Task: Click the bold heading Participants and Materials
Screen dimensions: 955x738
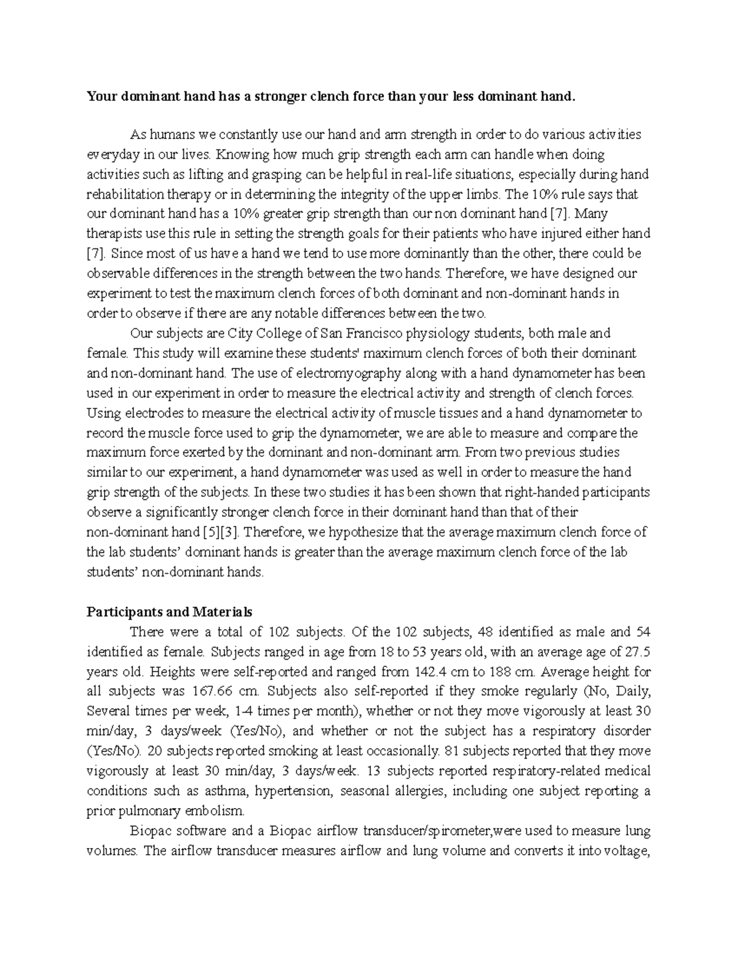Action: click(x=169, y=612)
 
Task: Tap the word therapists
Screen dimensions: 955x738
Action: click(x=111, y=234)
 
